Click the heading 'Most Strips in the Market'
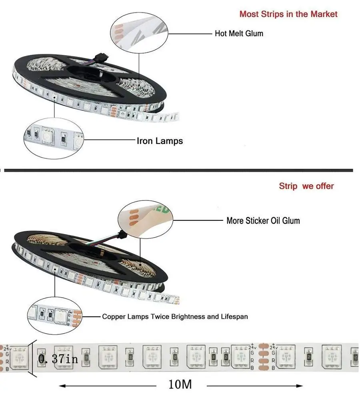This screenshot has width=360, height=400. (x=288, y=14)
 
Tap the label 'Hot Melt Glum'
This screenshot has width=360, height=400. (x=239, y=33)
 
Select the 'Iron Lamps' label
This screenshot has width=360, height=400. (x=160, y=141)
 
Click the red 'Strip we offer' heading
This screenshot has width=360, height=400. (x=306, y=186)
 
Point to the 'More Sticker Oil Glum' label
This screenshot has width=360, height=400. (x=263, y=220)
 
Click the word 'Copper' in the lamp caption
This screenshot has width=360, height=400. (x=113, y=316)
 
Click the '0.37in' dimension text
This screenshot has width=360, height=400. (x=58, y=359)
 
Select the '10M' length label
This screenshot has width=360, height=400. (x=180, y=385)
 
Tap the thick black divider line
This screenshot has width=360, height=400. (x=178, y=170)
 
